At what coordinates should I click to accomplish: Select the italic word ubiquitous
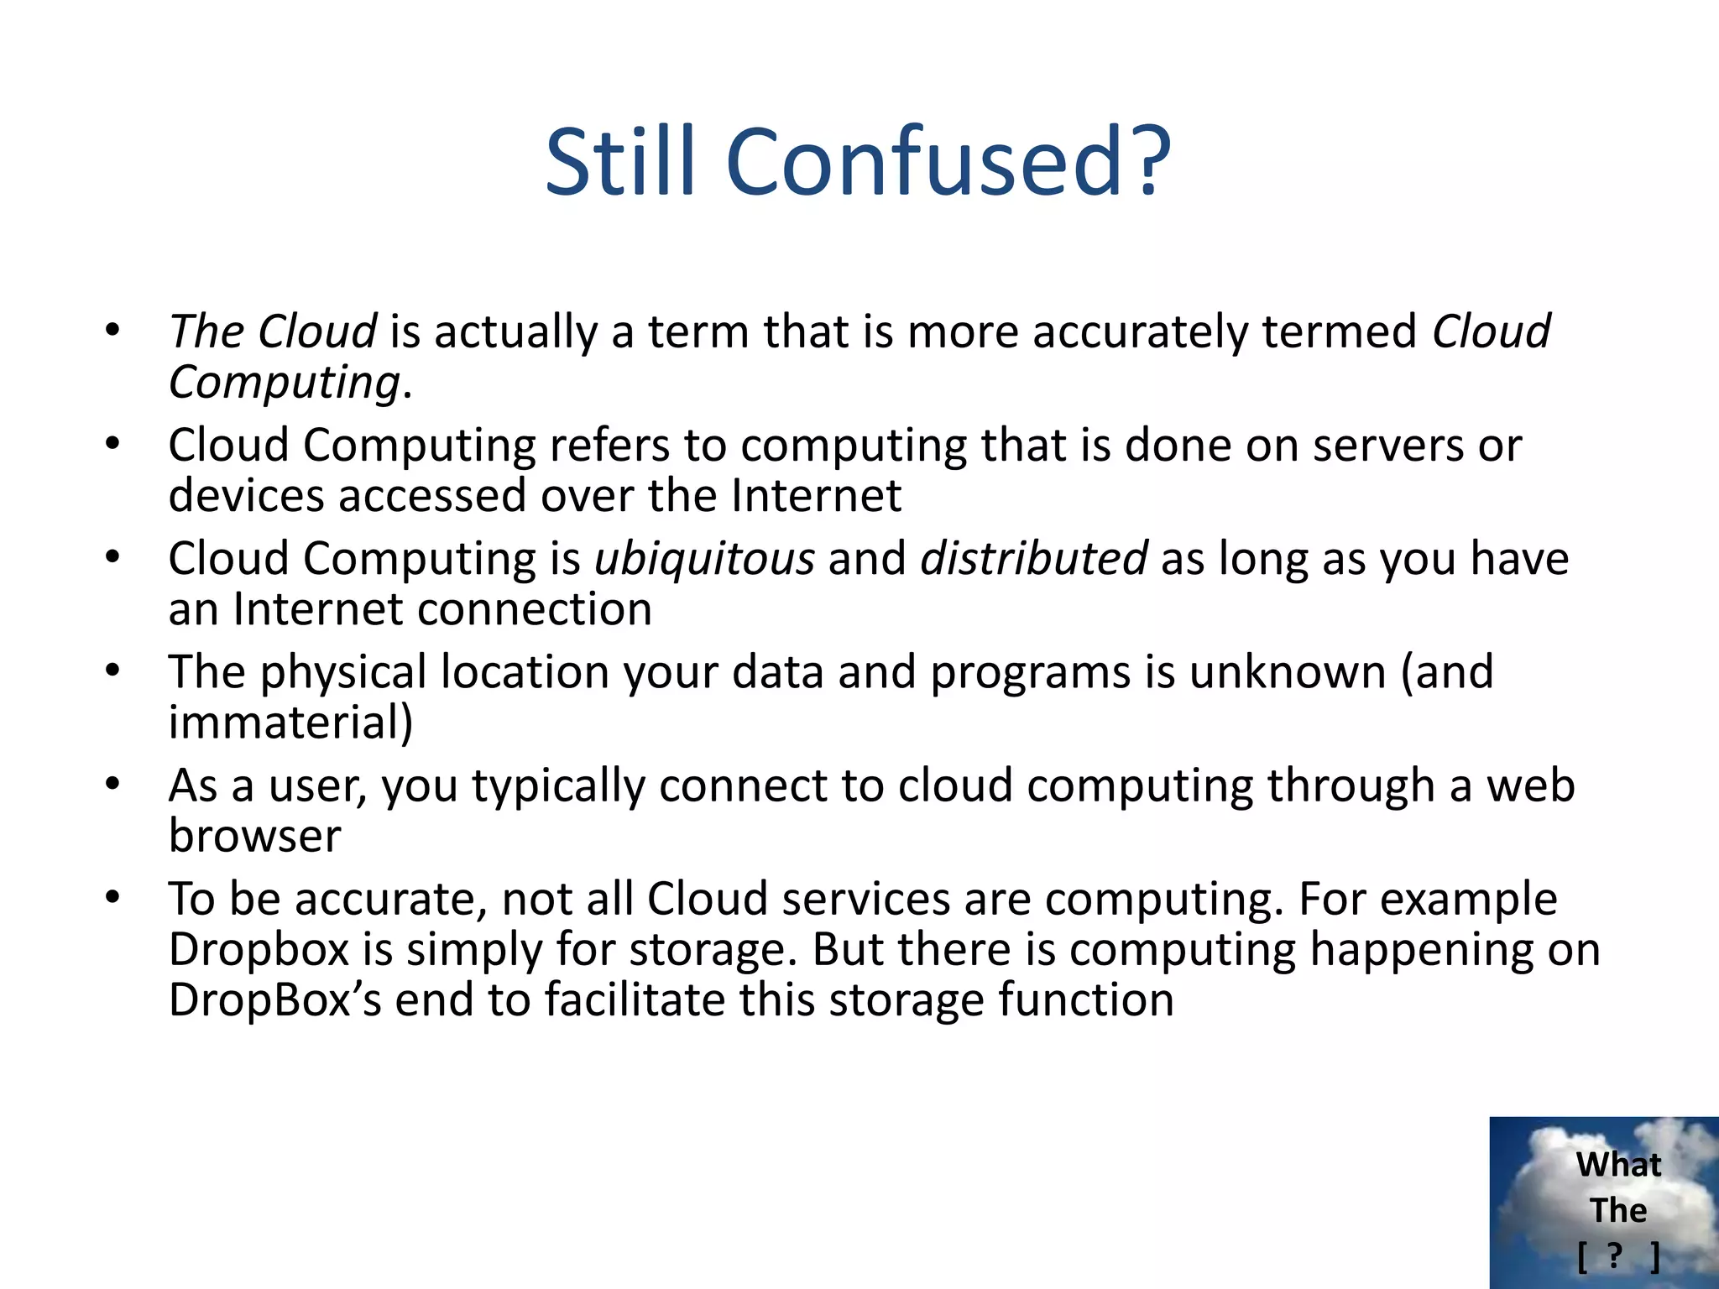pos(704,559)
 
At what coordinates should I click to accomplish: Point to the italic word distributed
pos(1033,559)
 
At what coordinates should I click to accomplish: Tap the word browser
pos(254,836)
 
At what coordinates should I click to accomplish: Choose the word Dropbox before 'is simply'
pos(259,950)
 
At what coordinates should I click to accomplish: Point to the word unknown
pos(1287,672)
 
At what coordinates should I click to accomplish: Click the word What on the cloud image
pos(1618,1165)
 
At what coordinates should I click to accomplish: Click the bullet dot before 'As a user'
pos(113,784)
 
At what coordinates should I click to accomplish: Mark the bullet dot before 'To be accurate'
pos(113,897)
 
